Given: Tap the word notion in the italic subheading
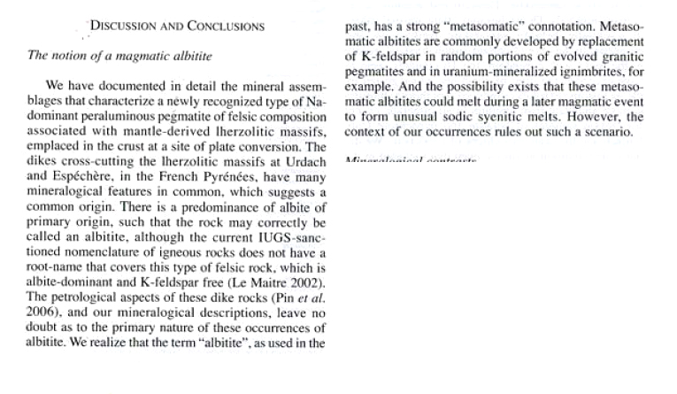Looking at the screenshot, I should coord(71,56).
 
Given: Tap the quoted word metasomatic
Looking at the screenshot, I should coord(477,27).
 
